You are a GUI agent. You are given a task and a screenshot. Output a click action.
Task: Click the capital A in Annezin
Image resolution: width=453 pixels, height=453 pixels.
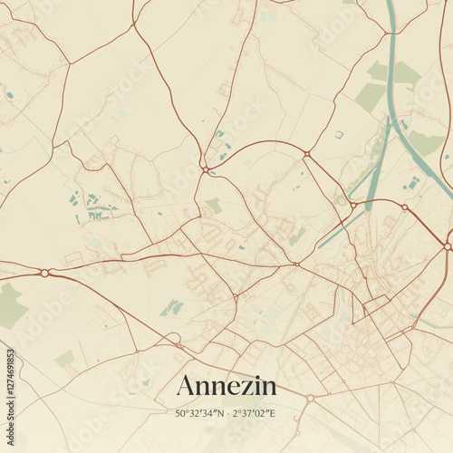click(186, 386)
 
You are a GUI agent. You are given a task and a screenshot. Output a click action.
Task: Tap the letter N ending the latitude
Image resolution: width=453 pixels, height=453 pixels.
click(221, 414)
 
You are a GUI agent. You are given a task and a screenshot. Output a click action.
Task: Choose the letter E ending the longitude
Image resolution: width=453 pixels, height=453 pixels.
click(273, 414)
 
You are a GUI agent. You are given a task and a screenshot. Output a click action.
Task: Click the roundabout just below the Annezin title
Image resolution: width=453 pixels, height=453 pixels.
click(310, 398)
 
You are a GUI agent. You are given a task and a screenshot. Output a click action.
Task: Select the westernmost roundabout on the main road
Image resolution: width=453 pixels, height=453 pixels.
click(44, 272)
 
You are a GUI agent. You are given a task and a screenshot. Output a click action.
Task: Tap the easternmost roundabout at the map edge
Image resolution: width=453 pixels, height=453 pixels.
click(448, 246)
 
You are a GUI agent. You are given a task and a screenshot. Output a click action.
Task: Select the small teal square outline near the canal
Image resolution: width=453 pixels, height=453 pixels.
click(338, 134)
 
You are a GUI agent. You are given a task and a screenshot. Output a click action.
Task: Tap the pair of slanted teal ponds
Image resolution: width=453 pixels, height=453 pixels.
click(171, 308)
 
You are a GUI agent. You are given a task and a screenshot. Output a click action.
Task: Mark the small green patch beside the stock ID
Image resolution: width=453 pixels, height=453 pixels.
click(64, 359)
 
